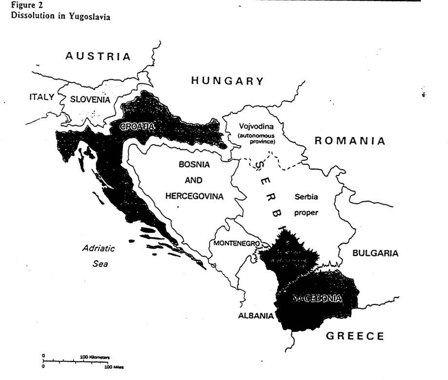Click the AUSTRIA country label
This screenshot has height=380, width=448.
[x=98, y=56]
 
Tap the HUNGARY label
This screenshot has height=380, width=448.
[x=227, y=81]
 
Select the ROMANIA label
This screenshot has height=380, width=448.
[x=350, y=141]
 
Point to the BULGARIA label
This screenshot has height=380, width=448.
[x=375, y=253]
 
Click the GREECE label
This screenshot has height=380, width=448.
[x=354, y=336]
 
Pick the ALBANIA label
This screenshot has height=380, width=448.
[x=255, y=316]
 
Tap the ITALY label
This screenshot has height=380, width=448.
[x=41, y=97]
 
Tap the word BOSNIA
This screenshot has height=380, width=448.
[x=194, y=165]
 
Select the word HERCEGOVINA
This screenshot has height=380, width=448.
[x=194, y=196]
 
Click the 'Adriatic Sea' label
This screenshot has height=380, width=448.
[x=98, y=256]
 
